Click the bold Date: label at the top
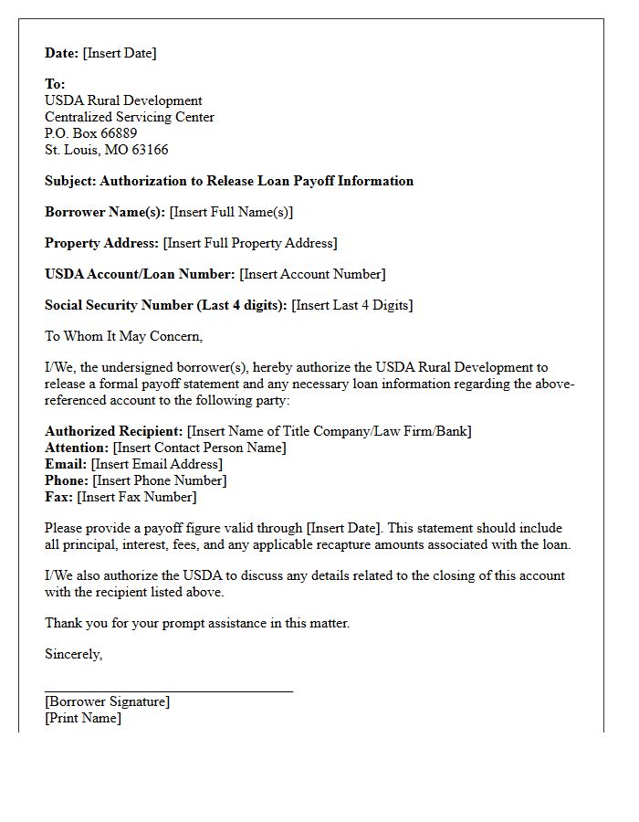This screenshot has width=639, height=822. tap(62, 53)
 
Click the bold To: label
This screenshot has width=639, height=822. tap(55, 84)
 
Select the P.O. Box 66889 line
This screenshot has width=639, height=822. tap(91, 133)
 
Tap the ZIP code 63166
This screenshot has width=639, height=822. tap(149, 150)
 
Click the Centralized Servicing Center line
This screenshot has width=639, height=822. tap(130, 117)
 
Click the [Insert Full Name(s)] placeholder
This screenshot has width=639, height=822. tap(231, 212)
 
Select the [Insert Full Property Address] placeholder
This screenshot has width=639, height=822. tap(250, 243)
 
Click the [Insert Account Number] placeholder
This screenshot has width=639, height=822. tap(312, 274)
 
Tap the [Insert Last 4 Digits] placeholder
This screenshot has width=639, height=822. tap(351, 305)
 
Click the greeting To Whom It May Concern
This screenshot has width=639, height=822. tap(123, 336)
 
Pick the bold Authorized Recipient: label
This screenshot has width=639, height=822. tap(114, 431)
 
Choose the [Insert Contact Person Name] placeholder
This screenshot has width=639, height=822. tap(199, 448)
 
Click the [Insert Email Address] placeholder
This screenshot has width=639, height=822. tap(156, 464)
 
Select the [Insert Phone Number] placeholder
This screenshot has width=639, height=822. tap(160, 480)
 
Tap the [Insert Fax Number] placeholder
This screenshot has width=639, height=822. tap(137, 497)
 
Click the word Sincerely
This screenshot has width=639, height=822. tap(74, 654)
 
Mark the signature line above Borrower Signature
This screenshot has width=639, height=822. tap(169, 691)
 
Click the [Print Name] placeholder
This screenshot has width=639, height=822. tap(83, 718)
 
